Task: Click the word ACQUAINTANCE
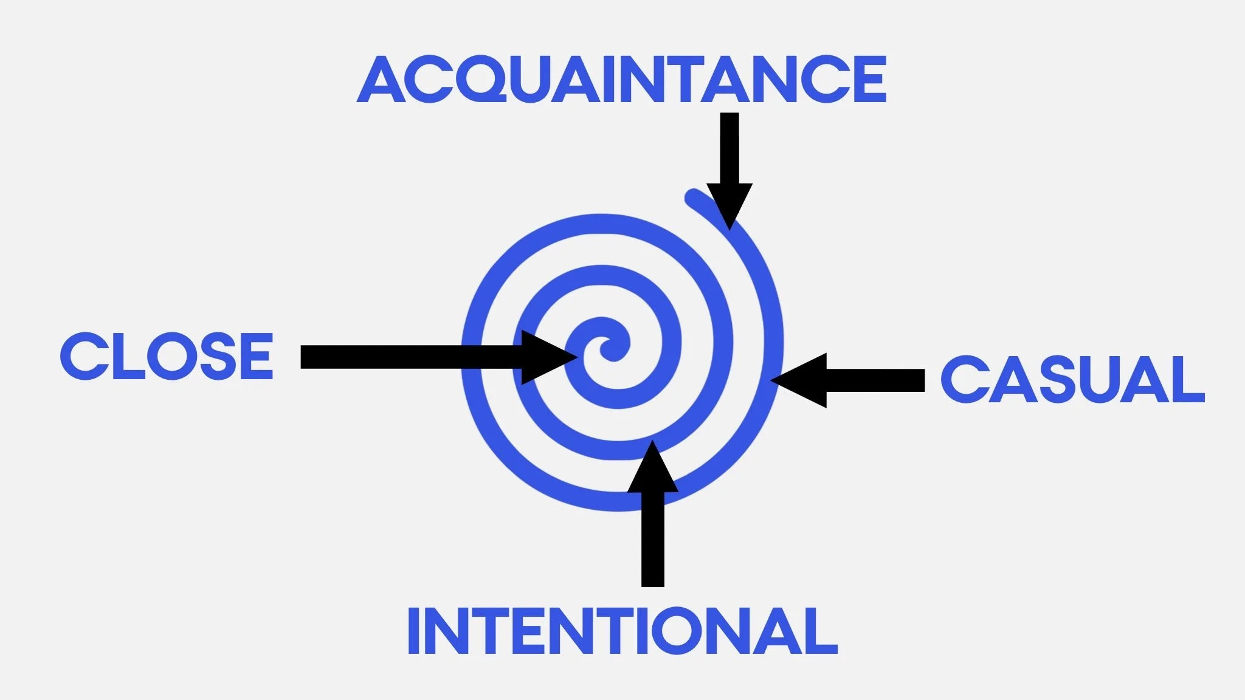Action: click(621, 80)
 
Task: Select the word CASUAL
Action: click(1072, 380)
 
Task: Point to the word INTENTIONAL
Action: click(622, 631)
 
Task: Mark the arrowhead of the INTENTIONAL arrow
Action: click(653, 468)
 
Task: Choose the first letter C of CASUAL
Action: click(963, 380)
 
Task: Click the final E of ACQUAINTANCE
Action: click(871, 80)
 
